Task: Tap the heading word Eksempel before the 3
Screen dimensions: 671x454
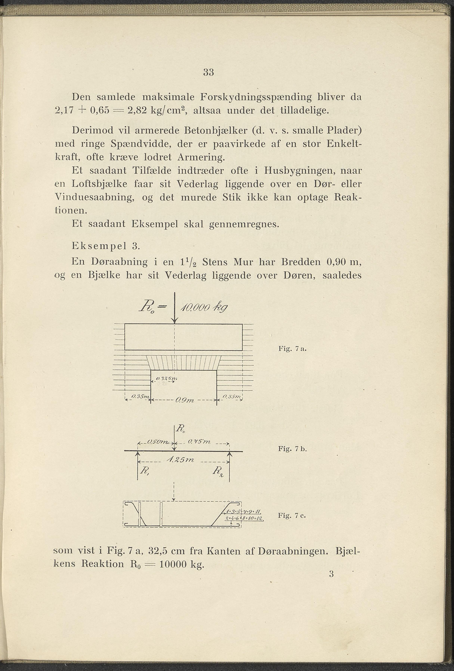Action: tap(99, 246)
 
